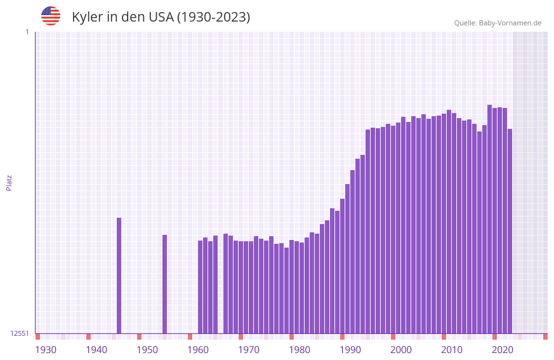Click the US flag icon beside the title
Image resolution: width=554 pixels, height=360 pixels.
click(x=51, y=16)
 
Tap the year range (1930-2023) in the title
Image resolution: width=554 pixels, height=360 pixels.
click(x=213, y=17)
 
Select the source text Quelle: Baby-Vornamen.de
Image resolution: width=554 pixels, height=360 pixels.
click(x=498, y=23)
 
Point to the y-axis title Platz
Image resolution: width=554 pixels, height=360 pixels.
click(x=9, y=182)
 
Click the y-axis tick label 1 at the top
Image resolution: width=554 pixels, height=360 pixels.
click(x=27, y=32)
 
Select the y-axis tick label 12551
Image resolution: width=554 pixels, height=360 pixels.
click(x=20, y=333)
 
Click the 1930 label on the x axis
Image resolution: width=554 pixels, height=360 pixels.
click(x=46, y=350)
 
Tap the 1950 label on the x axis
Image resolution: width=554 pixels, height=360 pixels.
click(x=147, y=350)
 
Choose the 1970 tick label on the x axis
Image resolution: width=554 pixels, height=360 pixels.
click(x=249, y=350)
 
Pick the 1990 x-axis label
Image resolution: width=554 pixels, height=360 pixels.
click(x=350, y=350)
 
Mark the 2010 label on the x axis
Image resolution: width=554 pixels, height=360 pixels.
click(x=452, y=350)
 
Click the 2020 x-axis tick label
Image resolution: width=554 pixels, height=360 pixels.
click(x=503, y=350)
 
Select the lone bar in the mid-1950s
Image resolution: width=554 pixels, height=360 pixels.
click(x=164, y=284)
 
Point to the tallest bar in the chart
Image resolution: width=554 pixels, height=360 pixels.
click(x=489, y=219)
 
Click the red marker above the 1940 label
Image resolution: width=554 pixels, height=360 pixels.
click(x=88, y=337)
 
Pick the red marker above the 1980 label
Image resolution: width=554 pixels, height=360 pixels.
click(x=291, y=337)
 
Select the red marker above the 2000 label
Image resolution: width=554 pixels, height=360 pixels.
click(x=393, y=337)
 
